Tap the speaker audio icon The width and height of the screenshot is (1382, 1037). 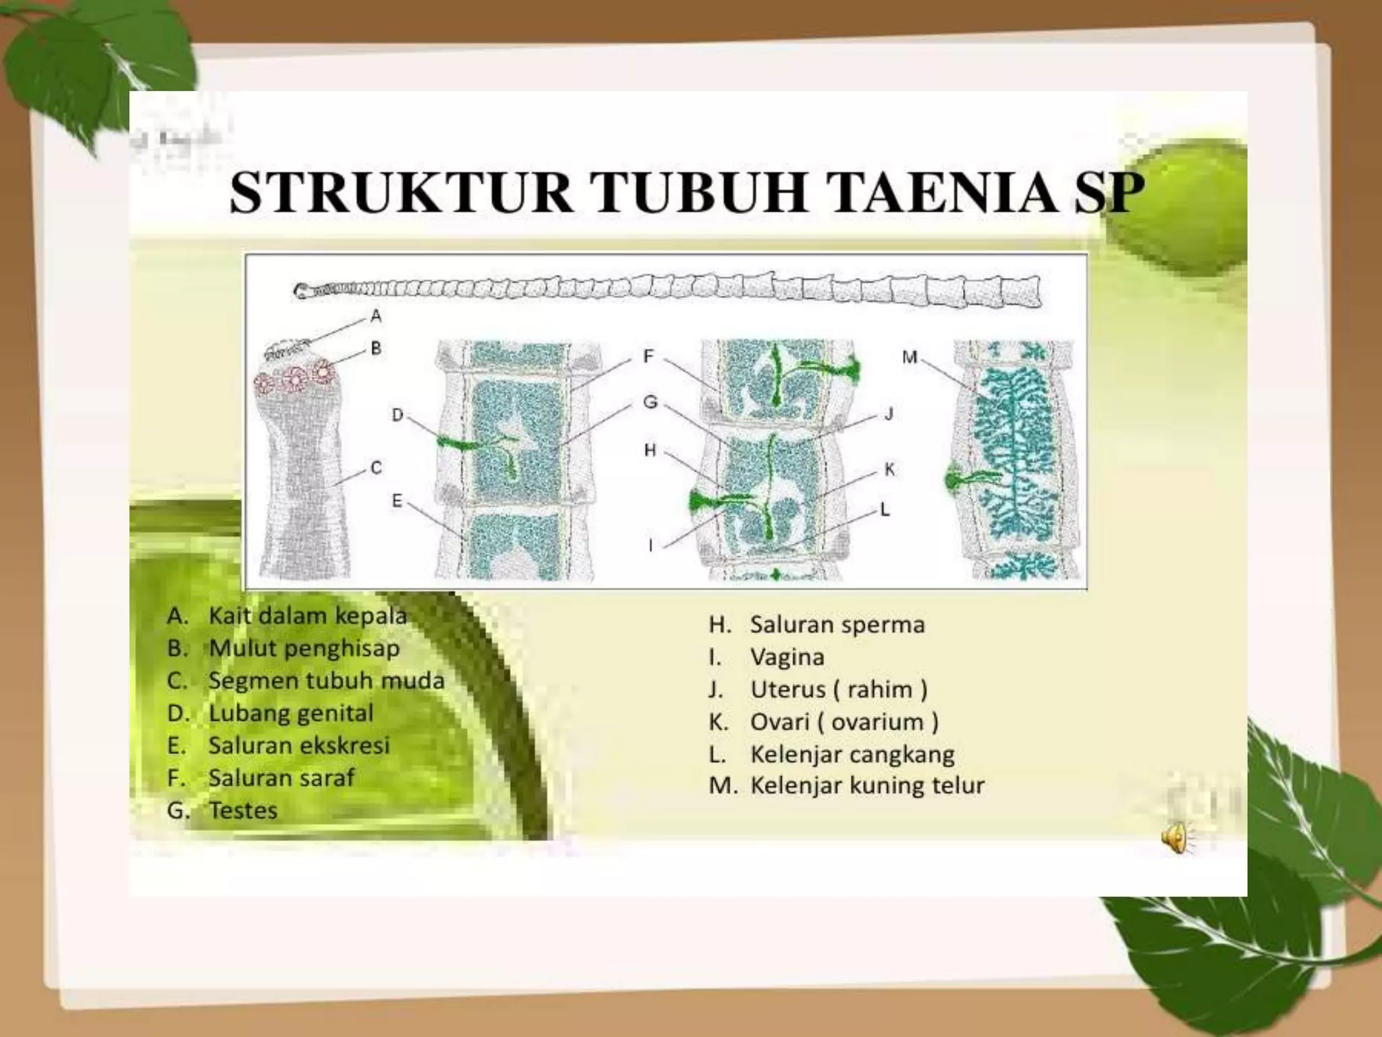click(1175, 838)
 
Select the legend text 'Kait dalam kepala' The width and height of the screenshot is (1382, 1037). click(307, 616)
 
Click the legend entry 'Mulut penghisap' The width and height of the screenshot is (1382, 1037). click(304, 648)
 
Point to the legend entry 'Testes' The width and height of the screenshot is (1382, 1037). click(243, 810)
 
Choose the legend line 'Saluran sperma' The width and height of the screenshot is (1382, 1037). click(837, 624)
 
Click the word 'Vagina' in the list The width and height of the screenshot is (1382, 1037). click(787, 657)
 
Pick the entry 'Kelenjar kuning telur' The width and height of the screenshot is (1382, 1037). click(867, 785)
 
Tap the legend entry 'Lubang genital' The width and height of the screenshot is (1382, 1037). click(291, 713)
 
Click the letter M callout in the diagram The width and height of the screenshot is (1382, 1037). click(910, 356)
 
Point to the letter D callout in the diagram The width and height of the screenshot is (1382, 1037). click(397, 415)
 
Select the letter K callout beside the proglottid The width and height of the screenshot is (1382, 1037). click(889, 469)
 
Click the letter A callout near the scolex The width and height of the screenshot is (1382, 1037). click(376, 315)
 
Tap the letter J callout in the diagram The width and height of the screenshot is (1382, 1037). click(889, 414)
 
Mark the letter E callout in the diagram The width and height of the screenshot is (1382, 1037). click(397, 500)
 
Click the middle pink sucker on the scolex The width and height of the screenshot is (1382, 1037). click(296, 379)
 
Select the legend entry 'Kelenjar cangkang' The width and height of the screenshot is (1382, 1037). click(852, 754)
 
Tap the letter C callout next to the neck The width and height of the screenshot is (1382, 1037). click(376, 467)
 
